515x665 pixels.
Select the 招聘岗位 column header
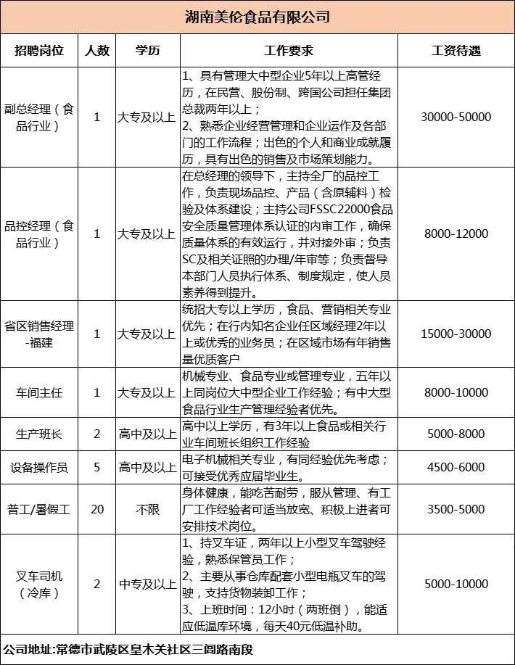(39, 51)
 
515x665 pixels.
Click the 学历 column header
(147, 51)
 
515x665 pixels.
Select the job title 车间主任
(39, 392)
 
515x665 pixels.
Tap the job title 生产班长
(39, 434)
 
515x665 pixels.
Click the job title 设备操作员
(39, 468)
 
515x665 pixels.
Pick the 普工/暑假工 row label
(39, 509)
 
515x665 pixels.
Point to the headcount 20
(97, 509)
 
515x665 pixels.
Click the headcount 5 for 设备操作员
(97, 468)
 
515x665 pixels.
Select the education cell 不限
(147, 509)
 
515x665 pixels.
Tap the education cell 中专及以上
(147, 584)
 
